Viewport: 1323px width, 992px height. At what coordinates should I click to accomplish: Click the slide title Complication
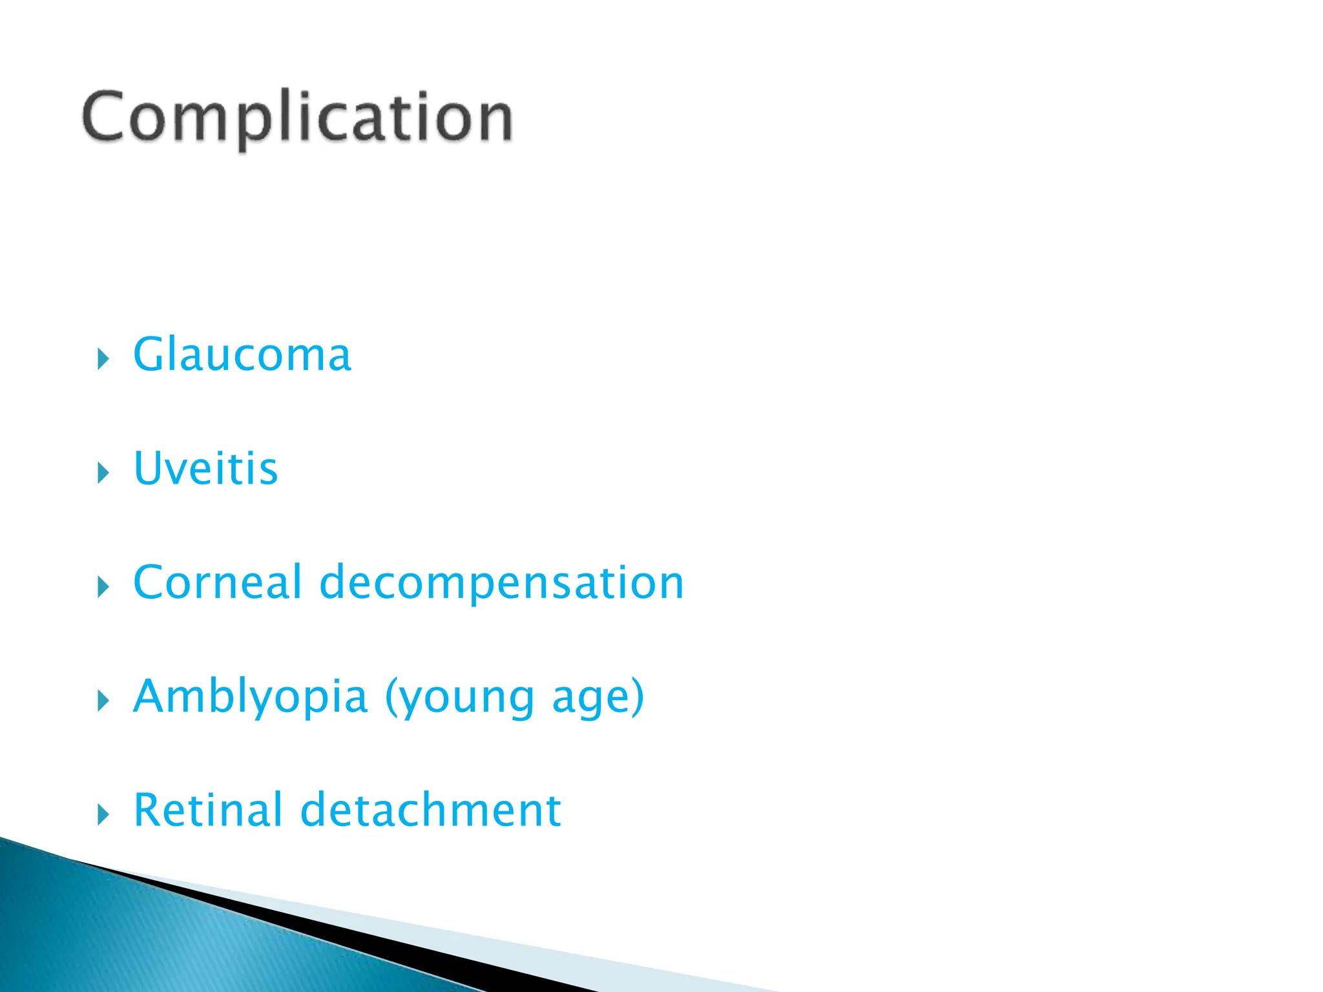tap(297, 118)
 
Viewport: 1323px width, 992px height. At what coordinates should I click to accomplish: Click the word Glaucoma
tap(242, 355)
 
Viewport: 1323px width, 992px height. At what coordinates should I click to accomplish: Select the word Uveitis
tap(205, 468)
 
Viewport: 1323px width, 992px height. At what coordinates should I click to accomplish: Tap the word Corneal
tap(217, 582)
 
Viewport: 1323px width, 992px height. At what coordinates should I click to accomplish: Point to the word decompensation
tap(501, 583)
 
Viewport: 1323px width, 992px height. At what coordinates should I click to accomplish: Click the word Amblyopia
tap(250, 697)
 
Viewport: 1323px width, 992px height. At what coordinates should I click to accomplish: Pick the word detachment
tap(431, 810)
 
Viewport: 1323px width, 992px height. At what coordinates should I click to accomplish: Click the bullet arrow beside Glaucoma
tap(103, 358)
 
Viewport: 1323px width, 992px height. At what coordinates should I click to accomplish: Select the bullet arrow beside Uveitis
tap(103, 473)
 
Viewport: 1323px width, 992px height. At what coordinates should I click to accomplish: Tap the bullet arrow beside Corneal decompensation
tap(103, 586)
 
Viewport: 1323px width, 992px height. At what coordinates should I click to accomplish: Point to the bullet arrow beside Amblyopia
tap(103, 700)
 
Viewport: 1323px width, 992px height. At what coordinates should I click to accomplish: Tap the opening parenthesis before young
tap(391, 697)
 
